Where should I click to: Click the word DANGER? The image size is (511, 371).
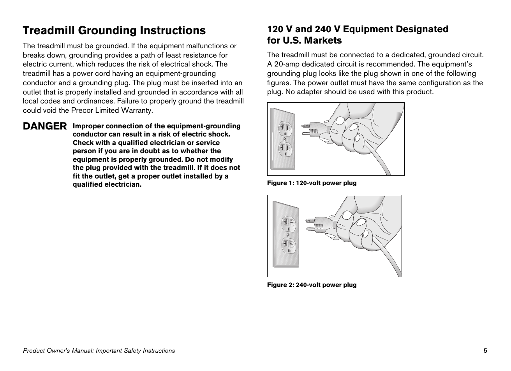tap(45, 126)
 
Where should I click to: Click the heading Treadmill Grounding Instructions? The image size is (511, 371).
tap(114, 30)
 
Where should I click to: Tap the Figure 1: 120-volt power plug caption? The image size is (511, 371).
tap(312, 183)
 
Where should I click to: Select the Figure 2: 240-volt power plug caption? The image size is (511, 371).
tap(312, 285)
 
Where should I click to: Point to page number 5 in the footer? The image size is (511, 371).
tap(485, 351)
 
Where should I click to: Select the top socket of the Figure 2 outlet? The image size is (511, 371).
tap(288, 224)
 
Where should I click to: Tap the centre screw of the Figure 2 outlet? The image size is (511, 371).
tap(288, 235)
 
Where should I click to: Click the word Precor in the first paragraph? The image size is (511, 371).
tap(81, 110)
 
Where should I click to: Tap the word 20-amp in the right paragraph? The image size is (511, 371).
tap(285, 64)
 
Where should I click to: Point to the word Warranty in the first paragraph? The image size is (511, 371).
tap(139, 110)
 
